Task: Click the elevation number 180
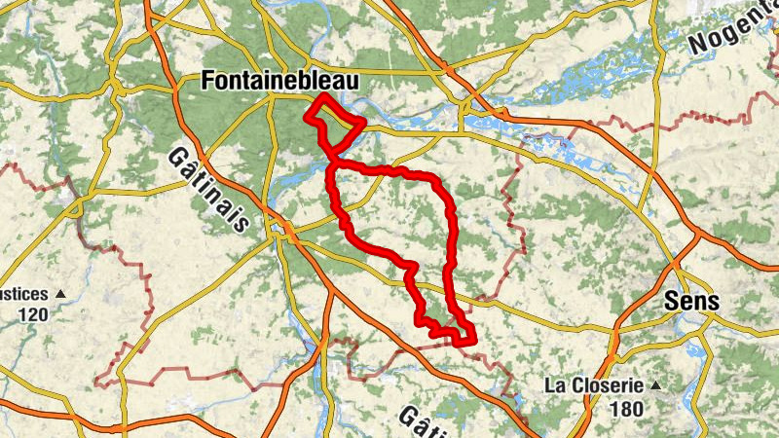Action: click(x=626, y=409)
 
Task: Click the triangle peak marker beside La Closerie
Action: click(x=655, y=385)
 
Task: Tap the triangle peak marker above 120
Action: click(x=60, y=293)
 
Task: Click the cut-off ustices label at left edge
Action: click(x=23, y=293)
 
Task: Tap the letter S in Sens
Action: click(x=670, y=302)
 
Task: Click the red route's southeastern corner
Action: click(x=473, y=340)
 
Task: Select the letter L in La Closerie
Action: click(x=550, y=384)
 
